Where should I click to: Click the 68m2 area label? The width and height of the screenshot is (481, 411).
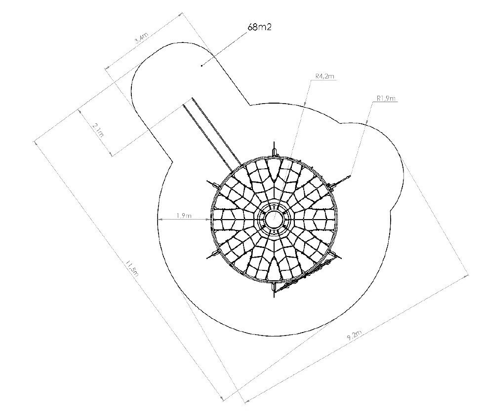(260, 27)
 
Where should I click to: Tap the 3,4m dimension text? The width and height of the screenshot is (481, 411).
(142, 38)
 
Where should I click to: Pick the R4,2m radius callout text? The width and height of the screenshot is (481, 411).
(324, 76)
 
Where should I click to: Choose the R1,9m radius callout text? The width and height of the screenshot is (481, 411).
(386, 98)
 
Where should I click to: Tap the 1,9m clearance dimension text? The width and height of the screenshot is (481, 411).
(184, 216)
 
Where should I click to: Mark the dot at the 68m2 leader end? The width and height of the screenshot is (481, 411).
(201, 65)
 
